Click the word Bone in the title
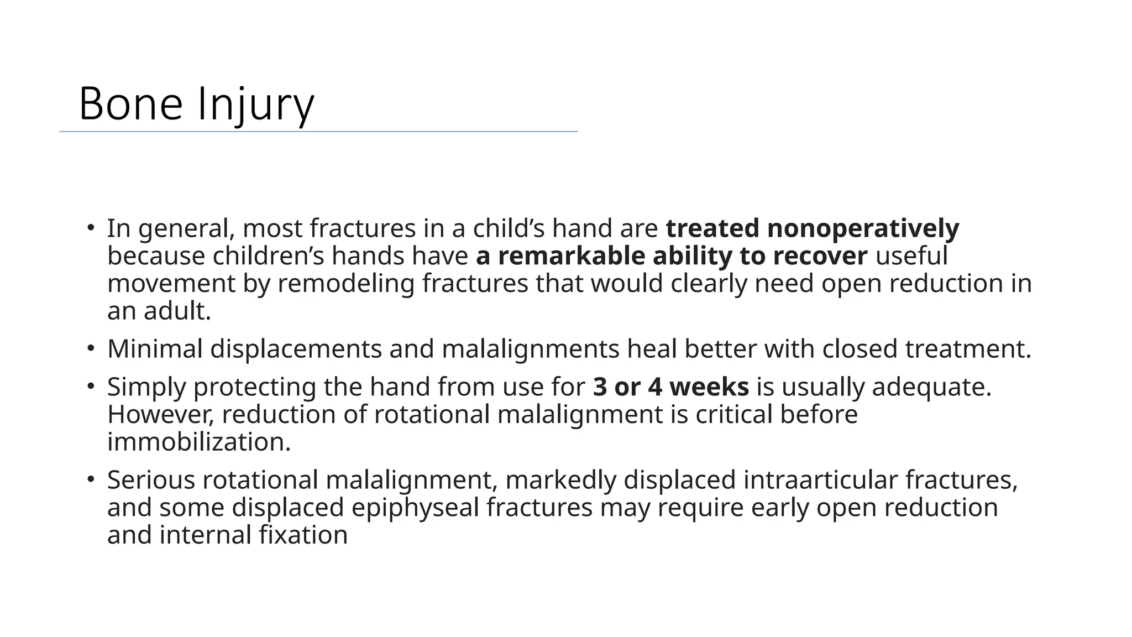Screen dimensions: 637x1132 point(130,104)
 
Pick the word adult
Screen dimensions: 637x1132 point(177,311)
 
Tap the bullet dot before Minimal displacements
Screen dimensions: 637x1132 point(91,348)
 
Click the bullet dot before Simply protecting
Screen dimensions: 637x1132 point(91,385)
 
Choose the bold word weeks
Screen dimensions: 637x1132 point(709,387)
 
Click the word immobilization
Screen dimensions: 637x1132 point(198,442)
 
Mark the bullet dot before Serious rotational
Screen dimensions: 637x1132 point(91,478)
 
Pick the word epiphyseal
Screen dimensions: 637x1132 point(415,507)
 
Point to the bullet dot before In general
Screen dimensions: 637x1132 point(91,227)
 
